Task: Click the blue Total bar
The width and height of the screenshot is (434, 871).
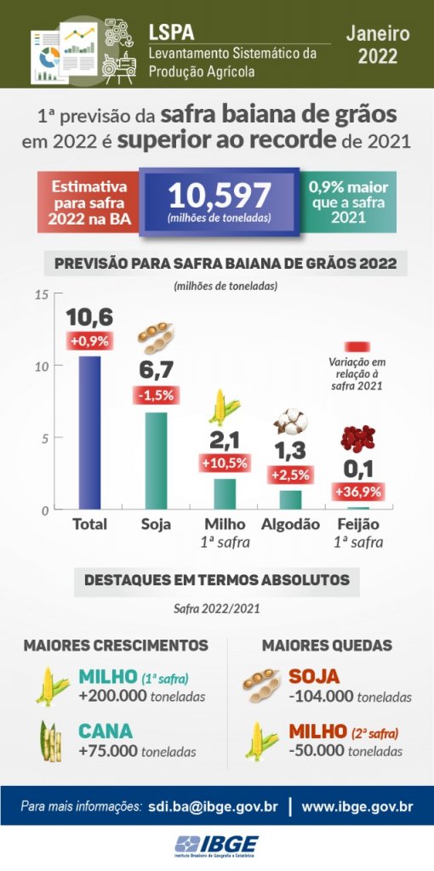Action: tap(89, 433)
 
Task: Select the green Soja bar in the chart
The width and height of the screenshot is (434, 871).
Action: tap(156, 461)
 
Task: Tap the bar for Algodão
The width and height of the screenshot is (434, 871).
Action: tap(290, 500)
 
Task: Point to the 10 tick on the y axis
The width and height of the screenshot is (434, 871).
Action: tap(42, 366)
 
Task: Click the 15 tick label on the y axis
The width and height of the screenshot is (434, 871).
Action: tap(42, 294)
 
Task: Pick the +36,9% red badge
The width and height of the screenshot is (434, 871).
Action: tap(358, 492)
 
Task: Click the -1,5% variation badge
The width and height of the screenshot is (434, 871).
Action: tap(157, 396)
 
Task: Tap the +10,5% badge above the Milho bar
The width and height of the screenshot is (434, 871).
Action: tap(225, 462)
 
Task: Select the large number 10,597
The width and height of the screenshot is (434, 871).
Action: tap(220, 196)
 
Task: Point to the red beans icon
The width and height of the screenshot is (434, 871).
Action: tap(358, 439)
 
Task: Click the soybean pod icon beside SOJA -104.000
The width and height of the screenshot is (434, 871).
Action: tap(261, 686)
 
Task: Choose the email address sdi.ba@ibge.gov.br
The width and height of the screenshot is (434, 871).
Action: tap(213, 806)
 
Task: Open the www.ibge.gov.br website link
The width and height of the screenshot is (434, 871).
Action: tap(357, 806)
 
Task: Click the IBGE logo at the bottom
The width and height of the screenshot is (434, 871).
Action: tap(217, 846)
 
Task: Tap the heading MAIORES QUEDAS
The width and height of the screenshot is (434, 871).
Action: tap(328, 646)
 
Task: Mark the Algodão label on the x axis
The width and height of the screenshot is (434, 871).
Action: tap(290, 524)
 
